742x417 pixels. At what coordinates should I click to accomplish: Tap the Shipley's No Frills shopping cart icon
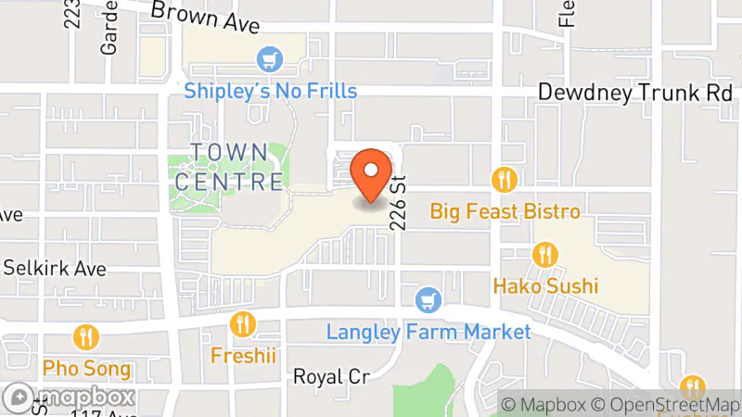coord(271,59)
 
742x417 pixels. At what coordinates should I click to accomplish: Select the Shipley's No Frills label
coord(271,91)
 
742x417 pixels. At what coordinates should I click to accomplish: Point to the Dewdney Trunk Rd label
coord(636,93)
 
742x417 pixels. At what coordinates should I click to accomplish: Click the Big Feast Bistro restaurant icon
coord(505,179)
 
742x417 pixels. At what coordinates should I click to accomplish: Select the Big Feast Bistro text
coord(505,211)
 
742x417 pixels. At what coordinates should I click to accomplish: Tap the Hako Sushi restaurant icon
coord(545,253)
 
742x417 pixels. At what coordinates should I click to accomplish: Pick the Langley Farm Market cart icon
coord(428,299)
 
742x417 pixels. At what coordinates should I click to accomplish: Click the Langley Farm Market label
coord(429,332)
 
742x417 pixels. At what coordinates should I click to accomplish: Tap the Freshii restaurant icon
coord(242,323)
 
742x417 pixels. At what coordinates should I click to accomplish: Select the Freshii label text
coord(242,355)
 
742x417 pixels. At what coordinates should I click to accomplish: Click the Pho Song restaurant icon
coord(86,336)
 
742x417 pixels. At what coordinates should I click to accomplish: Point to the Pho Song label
coord(86,368)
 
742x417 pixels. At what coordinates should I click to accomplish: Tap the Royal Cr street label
coord(331,376)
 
